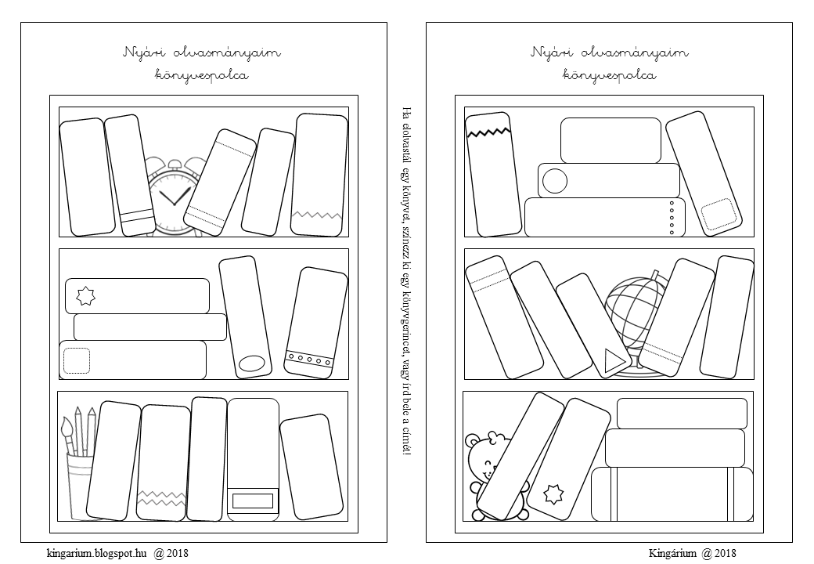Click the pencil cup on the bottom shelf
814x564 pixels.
coord(78,486)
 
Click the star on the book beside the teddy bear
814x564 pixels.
coord(554,495)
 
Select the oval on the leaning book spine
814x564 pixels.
coord(252,363)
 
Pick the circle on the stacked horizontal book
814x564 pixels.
coord(555,181)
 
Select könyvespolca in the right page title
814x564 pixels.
coord(609,76)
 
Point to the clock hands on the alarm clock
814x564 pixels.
coord(174,196)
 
